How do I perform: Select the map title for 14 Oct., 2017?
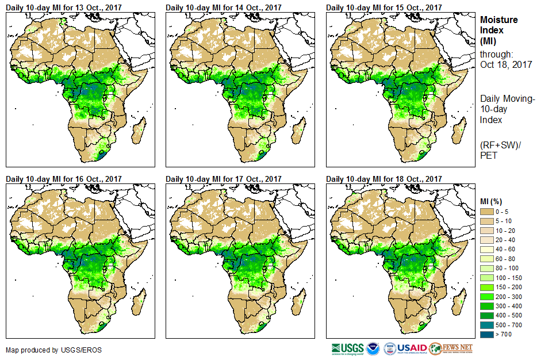(x=224, y=7)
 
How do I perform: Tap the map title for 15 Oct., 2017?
(x=384, y=7)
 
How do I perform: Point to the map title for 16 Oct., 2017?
(x=64, y=179)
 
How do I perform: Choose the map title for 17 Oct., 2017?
(x=224, y=179)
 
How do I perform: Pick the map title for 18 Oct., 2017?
(x=384, y=179)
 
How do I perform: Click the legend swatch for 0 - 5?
(x=488, y=212)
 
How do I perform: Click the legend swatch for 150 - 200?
(x=488, y=286)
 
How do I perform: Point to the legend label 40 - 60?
(x=506, y=249)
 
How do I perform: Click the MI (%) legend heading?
(x=494, y=201)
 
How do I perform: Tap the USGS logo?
(x=348, y=348)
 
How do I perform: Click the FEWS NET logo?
(x=452, y=348)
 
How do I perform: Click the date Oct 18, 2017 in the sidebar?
(x=506, y=64)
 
